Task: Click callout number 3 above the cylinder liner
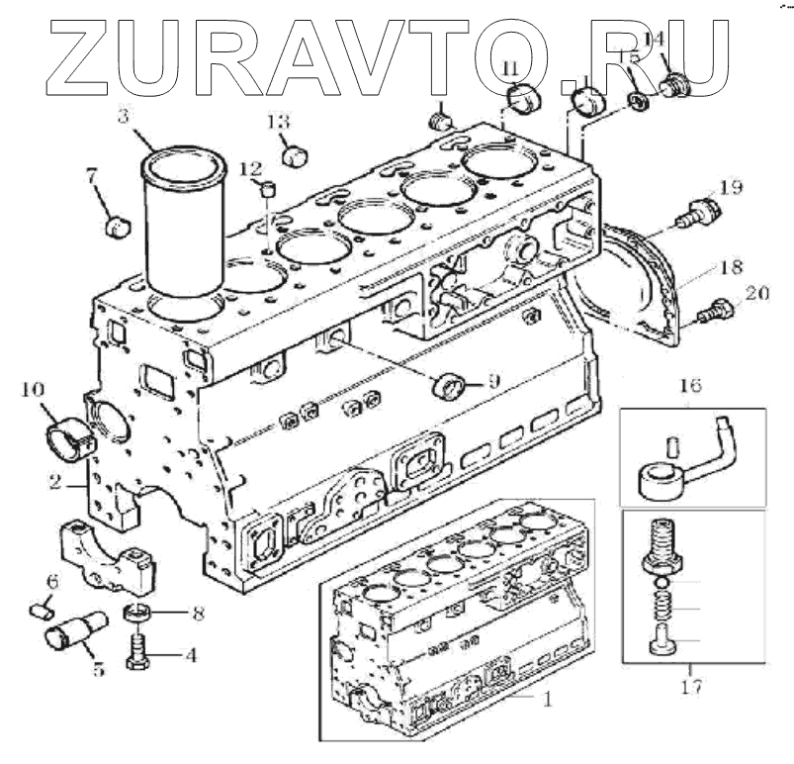pyautogui.click(x=124, y=116)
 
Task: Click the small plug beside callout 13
pyautogui.click(x=294, y=154)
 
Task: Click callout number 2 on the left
pyautogui.click(x=56, y=483)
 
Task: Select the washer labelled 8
pyautogui.click(x=139, y=615)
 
